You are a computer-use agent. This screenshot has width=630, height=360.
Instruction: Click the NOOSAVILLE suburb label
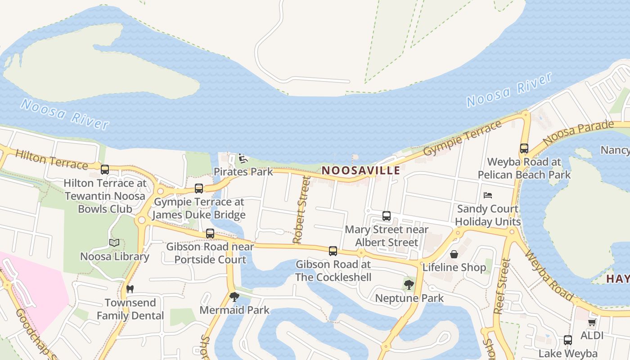(361, 171)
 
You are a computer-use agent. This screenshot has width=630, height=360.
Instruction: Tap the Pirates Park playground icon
(243, 158)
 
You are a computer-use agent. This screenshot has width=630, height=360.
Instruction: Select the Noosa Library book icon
(114, 243)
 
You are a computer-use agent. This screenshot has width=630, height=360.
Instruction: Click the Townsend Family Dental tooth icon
(130, 289)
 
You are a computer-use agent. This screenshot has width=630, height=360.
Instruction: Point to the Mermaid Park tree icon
(234, 297)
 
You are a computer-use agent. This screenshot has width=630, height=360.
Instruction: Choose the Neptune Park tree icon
(409, 284)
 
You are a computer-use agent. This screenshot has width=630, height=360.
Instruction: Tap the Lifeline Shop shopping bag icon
(454, 254)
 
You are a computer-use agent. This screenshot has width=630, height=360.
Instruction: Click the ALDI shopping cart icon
(592, 323)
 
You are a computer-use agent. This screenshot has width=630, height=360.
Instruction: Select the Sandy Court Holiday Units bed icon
(488, 195)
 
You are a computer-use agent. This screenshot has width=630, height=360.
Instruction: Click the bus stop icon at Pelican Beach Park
(524, 148)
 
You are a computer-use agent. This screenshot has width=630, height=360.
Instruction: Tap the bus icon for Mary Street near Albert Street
(387, 216)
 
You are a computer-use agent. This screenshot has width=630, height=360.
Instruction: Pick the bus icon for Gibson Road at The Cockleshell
(333, 251)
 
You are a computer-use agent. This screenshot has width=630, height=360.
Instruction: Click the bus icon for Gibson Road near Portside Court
(210, 234)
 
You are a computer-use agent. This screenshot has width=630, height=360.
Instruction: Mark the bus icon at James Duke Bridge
(199, 188)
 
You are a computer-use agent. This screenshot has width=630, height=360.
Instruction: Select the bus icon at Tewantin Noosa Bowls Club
(105, 170)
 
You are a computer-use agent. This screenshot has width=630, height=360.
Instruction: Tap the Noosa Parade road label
(578, 133)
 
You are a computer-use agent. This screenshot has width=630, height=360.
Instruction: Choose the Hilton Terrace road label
(51, 160)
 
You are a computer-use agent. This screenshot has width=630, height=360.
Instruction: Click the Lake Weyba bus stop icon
(568, 340)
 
